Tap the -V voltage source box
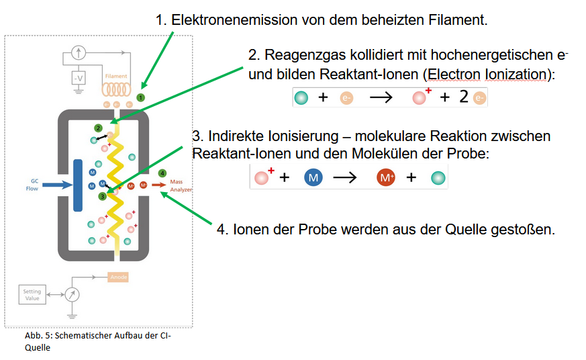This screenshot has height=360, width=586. pyautogui.click(x=79, y=78)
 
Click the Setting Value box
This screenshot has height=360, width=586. pyautogui.click(x=32, y=295)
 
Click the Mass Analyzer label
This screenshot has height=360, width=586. pyautogui.click(x=180, y=185)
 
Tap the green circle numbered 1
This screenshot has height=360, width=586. pyautogui.click(x=140, y=97)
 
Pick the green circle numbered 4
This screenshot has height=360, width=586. pyautogui.click(x=162, y=173)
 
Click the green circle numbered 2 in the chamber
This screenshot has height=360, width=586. pyautogui.click(x=98, y=128)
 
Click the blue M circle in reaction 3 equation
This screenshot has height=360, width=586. pyautogui.click(x=313, y=177)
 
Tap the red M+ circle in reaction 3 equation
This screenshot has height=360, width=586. pyautogui.click(x=386, y=178)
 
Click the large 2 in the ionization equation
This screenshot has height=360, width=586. pyautogui.click(x=463, y=97)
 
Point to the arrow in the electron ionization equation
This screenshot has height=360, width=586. pyautogui.click(x=381, y=97)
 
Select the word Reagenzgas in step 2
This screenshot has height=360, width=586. pyautogui.click(x=297, y=54)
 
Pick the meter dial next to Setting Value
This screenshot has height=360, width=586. pyautogui.click(x=71, y=294)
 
